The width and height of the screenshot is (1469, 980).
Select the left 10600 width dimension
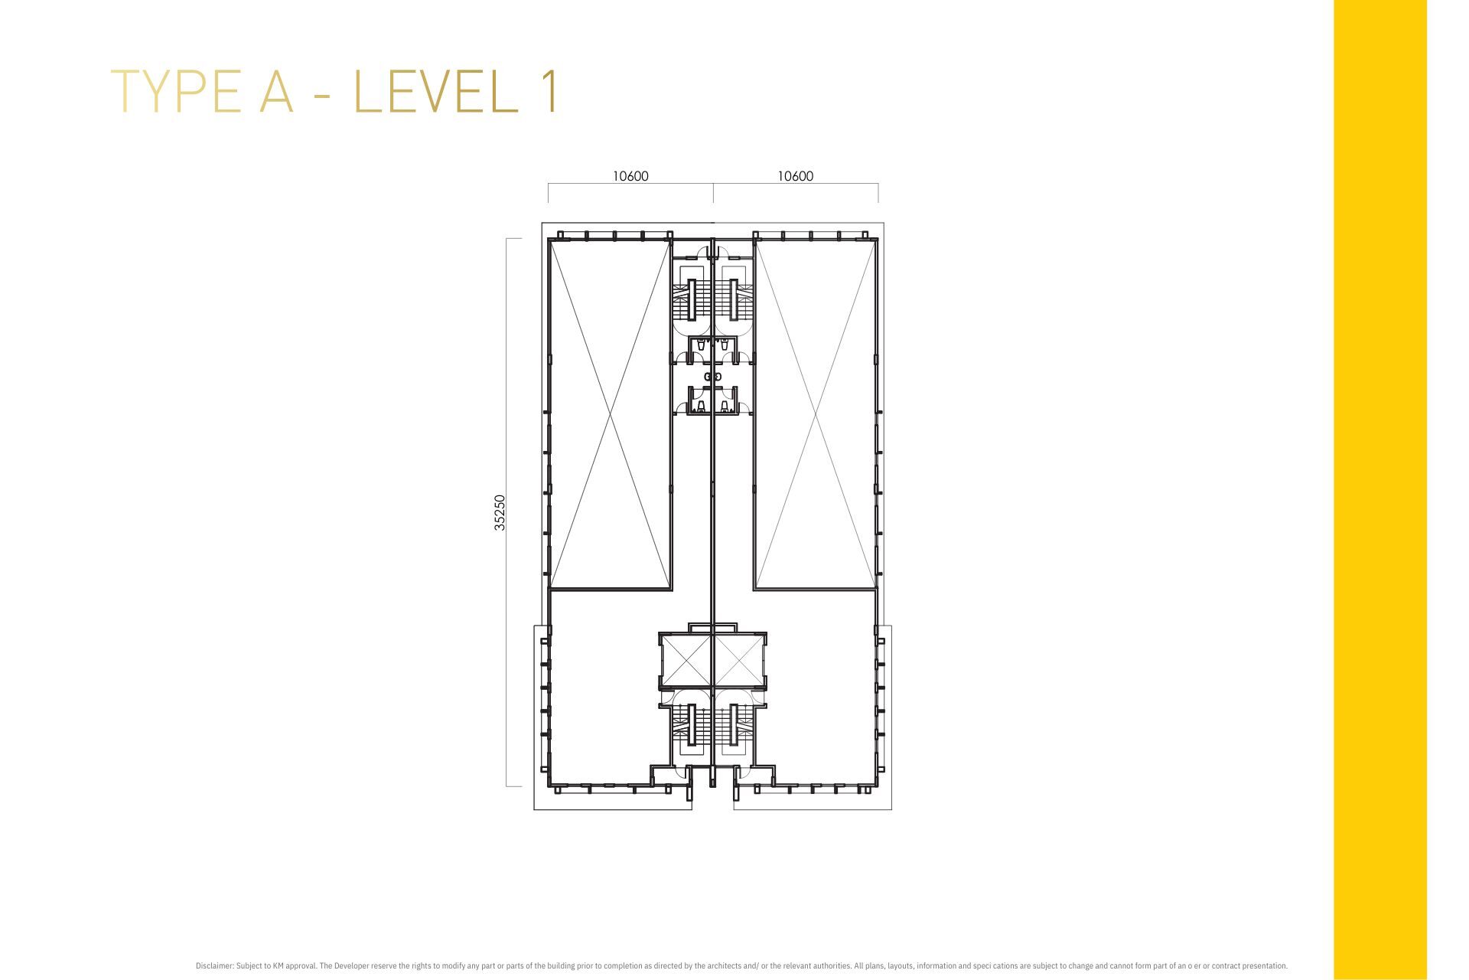[x=630, y=176]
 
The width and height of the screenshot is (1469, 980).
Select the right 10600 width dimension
[x=796, y=176]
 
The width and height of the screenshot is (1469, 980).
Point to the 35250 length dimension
[x=500, y=512]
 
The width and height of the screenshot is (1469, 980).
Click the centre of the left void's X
[x=611, y=414]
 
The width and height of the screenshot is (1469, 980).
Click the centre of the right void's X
[x=816, y=414]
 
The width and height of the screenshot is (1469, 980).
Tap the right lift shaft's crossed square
[x=738, y=660]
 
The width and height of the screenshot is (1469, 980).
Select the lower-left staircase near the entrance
[x=691, y=725]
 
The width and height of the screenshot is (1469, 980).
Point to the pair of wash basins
[x=713, y=377]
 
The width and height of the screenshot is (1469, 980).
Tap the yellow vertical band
[x=1380, y=490]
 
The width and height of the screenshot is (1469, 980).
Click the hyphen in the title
[x=323, y=95]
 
